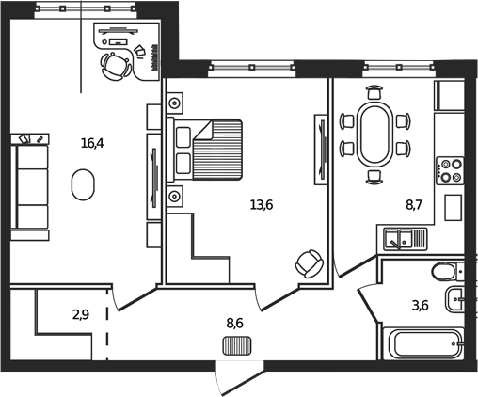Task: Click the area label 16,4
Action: [91, 143]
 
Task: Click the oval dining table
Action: [374, 134]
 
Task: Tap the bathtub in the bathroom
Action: [425, 341]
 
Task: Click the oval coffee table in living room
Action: [83, 183]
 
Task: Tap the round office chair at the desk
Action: [115, 67]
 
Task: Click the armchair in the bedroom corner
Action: [309, 262]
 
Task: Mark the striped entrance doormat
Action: [237, 345]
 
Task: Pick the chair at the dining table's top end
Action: [374, 93]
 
